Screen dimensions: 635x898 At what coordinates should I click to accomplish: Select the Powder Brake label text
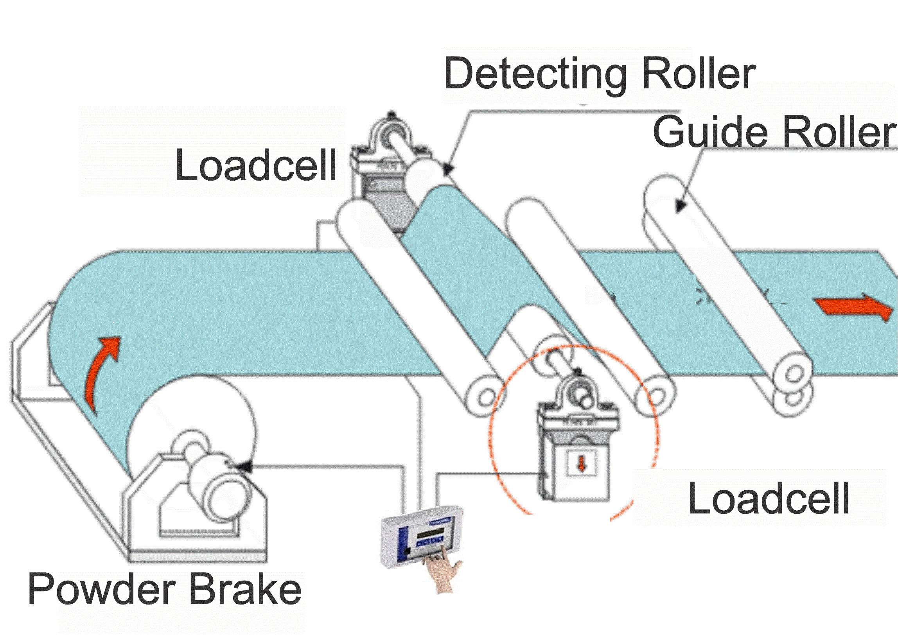pos(165,589)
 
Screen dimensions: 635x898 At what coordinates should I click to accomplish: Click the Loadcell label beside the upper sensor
pos(256,166)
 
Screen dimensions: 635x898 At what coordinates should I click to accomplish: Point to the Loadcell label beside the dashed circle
pos(769,498)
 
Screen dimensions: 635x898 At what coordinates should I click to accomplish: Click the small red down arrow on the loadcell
pos(582,464)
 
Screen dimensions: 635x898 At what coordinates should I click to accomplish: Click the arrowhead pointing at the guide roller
pos(681,206)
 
